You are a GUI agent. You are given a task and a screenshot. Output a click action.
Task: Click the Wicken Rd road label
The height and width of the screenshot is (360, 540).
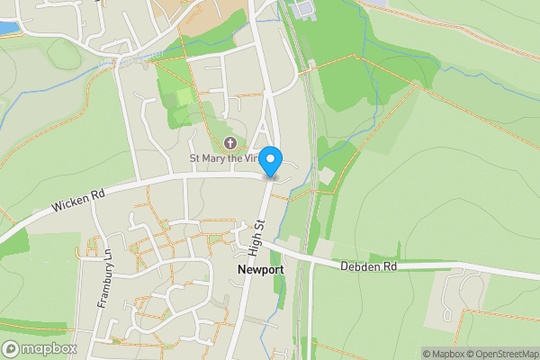(78, 200)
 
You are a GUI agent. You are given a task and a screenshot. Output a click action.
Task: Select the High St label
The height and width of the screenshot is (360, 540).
(258, 236)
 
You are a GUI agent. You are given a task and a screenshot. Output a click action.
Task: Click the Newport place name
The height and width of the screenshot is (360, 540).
(261, 269)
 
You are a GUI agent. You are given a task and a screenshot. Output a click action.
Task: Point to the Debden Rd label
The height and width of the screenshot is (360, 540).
(369, 265)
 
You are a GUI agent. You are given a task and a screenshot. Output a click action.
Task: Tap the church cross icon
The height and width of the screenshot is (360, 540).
(230, 143)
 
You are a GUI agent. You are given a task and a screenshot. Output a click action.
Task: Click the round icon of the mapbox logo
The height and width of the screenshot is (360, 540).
(12, 348)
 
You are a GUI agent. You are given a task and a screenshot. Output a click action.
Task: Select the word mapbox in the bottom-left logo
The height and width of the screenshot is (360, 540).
(49, 348)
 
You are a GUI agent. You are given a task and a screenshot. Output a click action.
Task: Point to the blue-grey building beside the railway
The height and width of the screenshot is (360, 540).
(302, 9)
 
